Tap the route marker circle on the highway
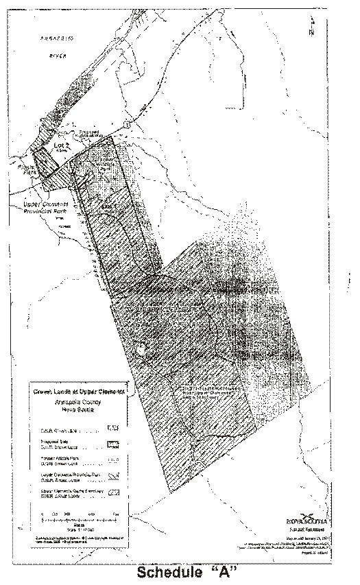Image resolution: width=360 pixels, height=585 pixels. (129, 123)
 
